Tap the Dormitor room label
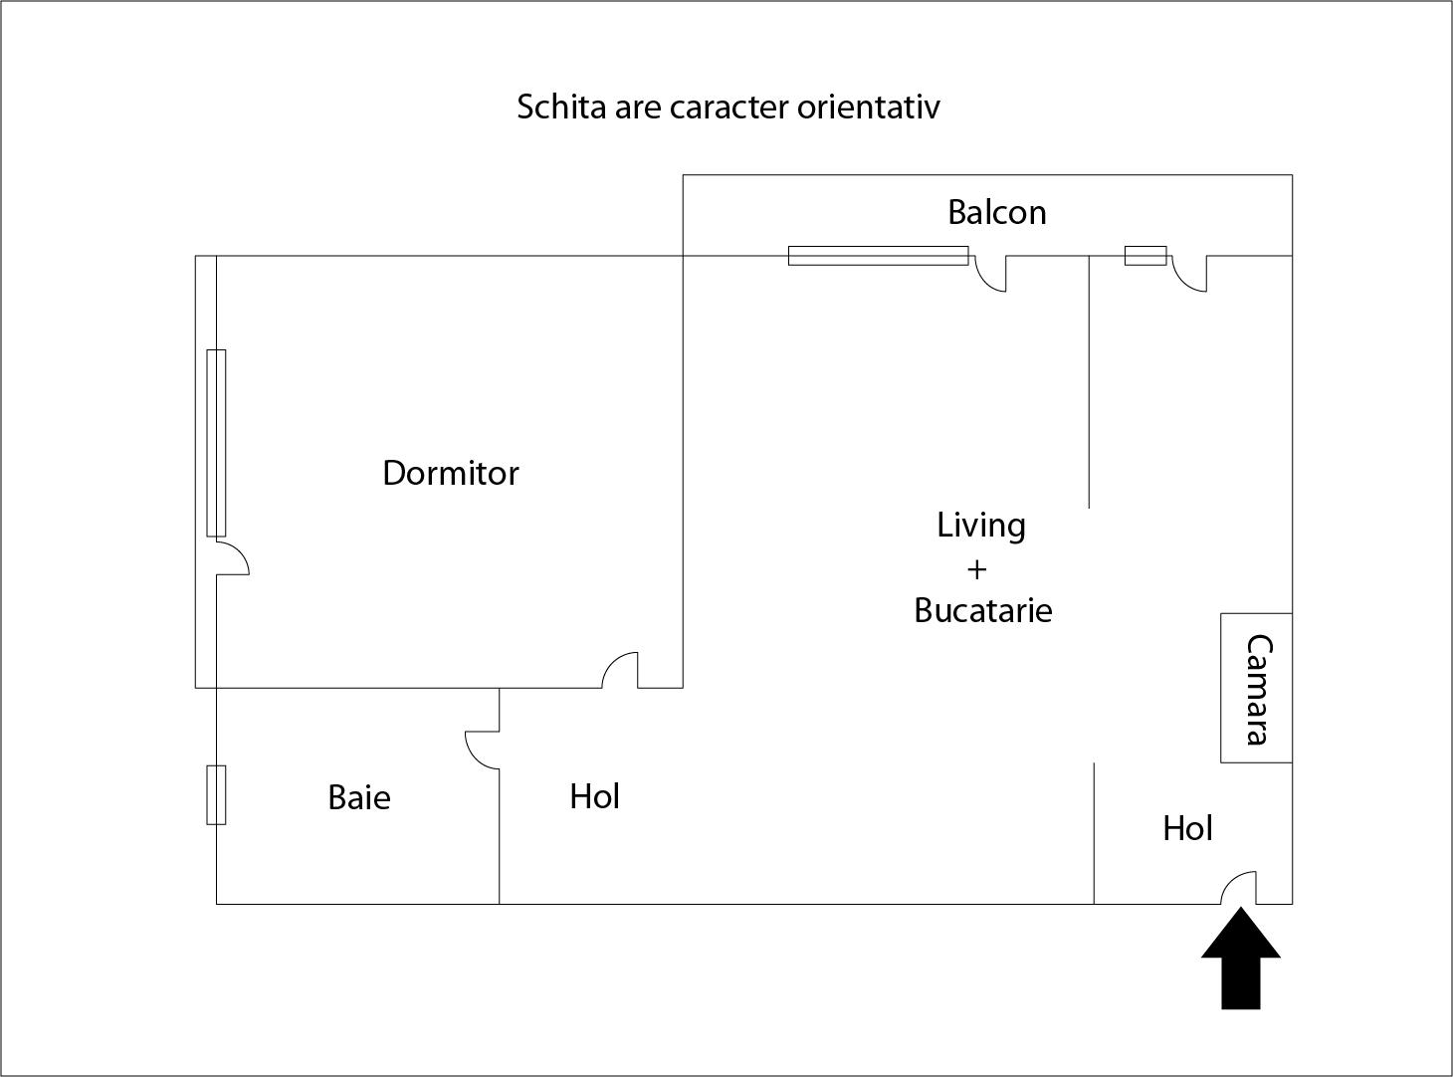(x=451, y=473)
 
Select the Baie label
(x=359, y=797)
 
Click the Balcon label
(x=996, y=212)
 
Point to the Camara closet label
(x=1258, y=689)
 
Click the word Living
(x=981, y=525)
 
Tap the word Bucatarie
(x=983, y=609)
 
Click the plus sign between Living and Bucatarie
(x=977, y=568)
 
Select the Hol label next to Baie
(x=595, y=796)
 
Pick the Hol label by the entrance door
(x=1187, y=828)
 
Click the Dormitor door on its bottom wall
(x=620, y=670)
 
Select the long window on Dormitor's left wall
(x=216, y=443)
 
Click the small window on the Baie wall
(x=216, y=794)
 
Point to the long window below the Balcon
(x=878, y=256)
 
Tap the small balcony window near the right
(x=1145, y=256)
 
